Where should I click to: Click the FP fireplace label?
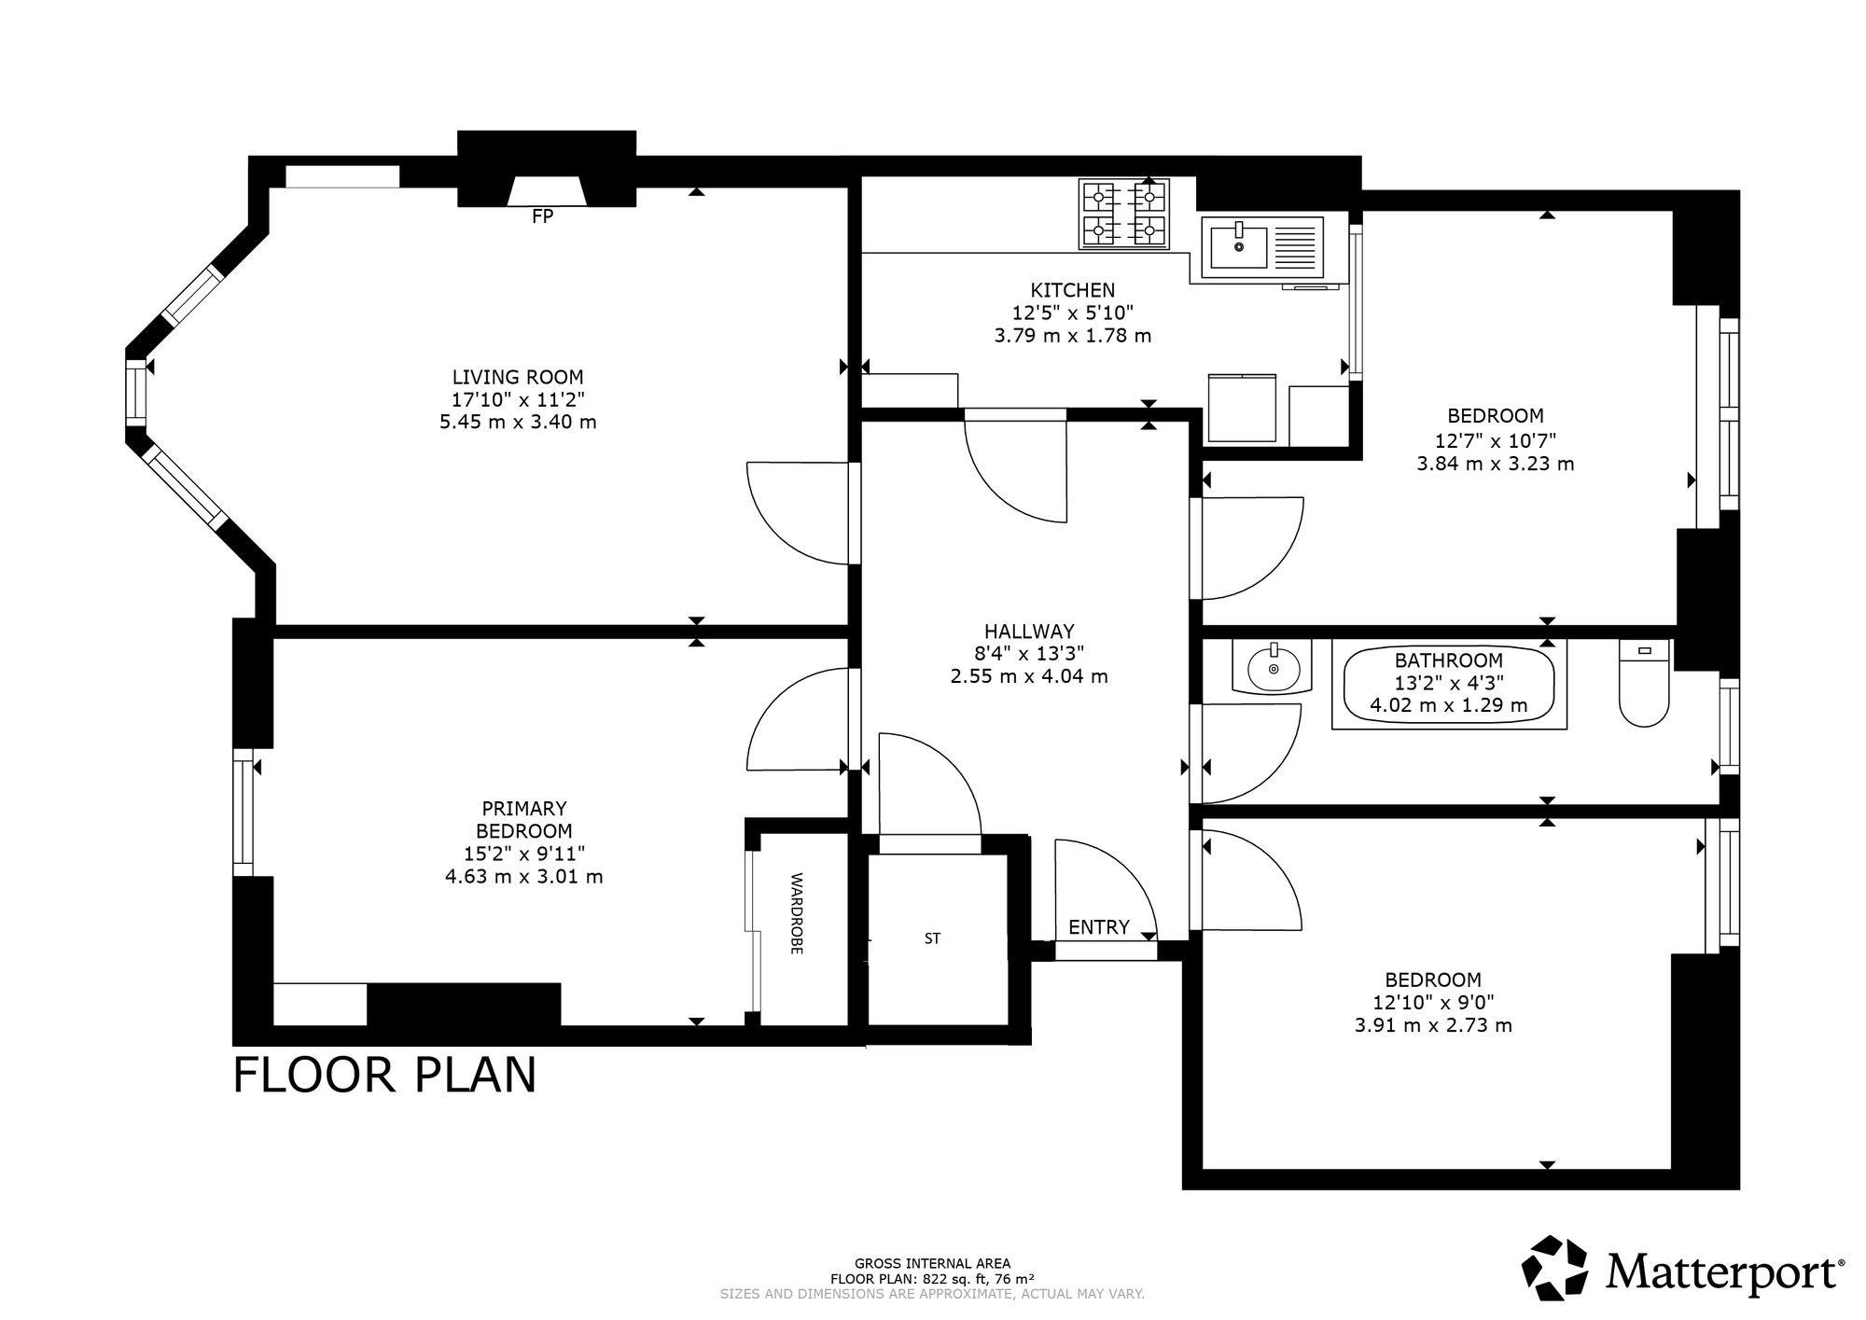click(x=542, y=216)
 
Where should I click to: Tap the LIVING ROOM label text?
click(x=518, y=378)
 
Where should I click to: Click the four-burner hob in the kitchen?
click(x=1124, y=214)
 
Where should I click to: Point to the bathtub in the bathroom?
click(x=1449, y=684)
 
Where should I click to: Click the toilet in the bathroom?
click(x=1644, y=684)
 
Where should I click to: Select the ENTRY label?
click(x=1099, y=927)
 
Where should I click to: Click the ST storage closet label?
click(x=932, y=939)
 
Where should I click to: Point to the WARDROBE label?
click(x=797, y=913)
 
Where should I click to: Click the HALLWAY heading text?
click(x=1029, y=632)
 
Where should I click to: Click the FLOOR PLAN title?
click(x=384, y=1075)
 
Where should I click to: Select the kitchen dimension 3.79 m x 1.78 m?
click(x=1073, y=336)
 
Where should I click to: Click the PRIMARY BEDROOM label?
click(x=524, y=820)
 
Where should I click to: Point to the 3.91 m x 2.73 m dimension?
click(x=1433, y=1026)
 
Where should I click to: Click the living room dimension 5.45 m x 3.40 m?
click(x=518, y=422)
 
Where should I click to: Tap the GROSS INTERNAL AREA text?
click(x=932, y=1264)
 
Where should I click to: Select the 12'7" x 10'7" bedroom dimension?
click(x=1496, y=440)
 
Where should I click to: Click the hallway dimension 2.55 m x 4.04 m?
click(x=1029, y=676)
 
